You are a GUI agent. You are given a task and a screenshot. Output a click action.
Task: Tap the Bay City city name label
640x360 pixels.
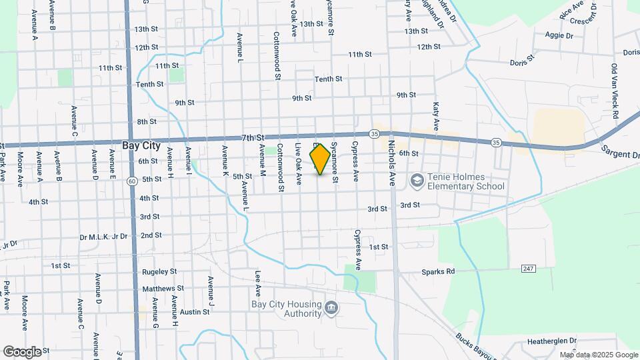point(141,145)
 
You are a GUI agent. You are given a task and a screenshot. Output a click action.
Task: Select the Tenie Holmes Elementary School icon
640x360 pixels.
point(417,180)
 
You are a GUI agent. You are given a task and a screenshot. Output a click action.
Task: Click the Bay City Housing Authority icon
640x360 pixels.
point(333,307)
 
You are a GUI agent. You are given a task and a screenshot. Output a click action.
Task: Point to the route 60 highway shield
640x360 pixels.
point(133,181)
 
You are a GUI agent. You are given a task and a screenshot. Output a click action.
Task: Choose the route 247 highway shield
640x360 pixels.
point(528,268)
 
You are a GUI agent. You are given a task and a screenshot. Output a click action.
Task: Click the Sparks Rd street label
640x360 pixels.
point(437,272)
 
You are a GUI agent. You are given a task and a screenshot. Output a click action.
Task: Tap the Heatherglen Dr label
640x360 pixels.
point(551,341)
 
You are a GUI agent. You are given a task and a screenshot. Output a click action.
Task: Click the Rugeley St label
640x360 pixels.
point(159,271)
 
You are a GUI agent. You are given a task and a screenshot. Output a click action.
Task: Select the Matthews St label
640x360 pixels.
point(163,289)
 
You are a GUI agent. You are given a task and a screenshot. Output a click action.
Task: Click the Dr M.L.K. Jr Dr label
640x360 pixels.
point(103,236)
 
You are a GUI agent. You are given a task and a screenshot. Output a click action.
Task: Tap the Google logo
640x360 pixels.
point(23,351)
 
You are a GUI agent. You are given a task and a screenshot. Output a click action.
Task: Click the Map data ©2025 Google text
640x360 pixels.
point(599,355)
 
